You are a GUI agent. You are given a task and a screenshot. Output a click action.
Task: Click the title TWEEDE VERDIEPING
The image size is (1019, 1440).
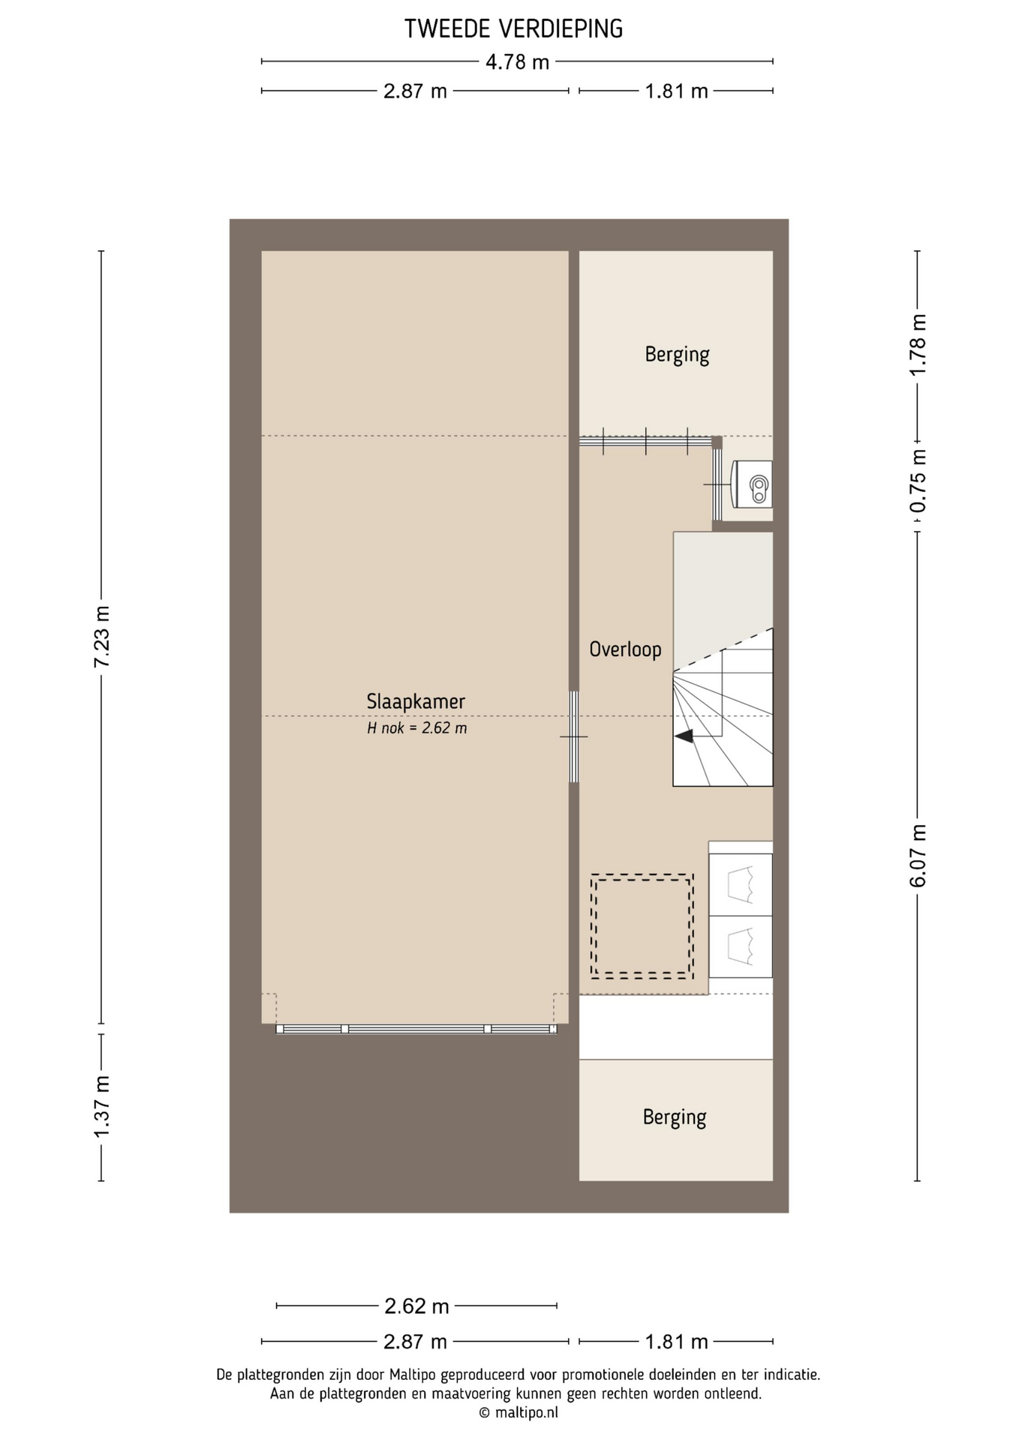[x=514, y=28]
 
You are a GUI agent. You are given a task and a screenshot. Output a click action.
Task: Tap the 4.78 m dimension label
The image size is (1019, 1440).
[x=517, y=61]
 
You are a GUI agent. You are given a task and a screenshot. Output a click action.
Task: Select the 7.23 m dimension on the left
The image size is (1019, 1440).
[x=101, y=637]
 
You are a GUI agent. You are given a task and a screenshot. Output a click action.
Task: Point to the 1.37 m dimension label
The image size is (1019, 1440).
[x=101, y=1105]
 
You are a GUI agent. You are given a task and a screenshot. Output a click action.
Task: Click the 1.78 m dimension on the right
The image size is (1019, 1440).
[x=918, y=345]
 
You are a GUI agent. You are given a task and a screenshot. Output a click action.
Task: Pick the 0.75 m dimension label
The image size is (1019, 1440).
[x=918, y=481]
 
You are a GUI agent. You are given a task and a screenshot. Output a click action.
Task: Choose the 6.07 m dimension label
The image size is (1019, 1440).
[x=918, y=856]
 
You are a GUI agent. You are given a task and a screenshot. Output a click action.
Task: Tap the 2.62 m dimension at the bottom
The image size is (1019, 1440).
[x=416, y=1306]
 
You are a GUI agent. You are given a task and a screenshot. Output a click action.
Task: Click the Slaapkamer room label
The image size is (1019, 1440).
[x=416, y=701]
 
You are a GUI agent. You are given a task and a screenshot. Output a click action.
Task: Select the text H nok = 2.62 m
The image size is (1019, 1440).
[x=416, y=727]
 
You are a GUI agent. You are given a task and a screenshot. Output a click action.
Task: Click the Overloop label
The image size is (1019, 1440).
[x=625, y=649]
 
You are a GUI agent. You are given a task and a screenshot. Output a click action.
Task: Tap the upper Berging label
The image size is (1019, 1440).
[x=677, y=354]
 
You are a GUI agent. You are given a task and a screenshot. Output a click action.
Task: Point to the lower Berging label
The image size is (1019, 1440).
[x=675, y=1117]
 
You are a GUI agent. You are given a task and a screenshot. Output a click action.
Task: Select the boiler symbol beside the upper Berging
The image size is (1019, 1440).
[x=752, y=484]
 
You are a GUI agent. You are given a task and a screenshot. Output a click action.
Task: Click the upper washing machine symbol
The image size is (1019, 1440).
[x=741, y=884]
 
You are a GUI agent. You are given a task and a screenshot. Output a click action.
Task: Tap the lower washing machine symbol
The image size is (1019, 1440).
[x=741, y=946]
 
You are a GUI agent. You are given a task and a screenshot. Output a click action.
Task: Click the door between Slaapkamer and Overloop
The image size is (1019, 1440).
[x=574, y=736]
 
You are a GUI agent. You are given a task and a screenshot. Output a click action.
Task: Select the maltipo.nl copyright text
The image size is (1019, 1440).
[x=519, y=1413]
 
